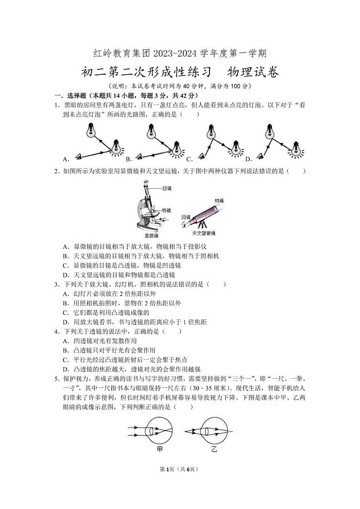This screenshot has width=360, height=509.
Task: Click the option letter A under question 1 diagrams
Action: pyautogui.click(x=66, y=159)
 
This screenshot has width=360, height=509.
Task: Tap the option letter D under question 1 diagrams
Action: pyautogui.click(x=248, y=159)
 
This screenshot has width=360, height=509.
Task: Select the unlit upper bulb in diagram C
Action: pyautogui.click(x=210, y=132)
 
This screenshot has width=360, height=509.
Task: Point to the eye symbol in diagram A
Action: pyautogui.click(x=80, y=156)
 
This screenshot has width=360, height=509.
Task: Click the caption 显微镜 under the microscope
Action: pyautogui.click(x=151, y=236)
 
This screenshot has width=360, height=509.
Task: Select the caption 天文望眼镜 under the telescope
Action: pyautogui.click(x=204, y=233)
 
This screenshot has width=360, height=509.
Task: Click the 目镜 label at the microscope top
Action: pyautogui.click(x=166, y=188)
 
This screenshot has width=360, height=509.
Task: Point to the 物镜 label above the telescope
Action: pyautogui.click(x=219, y=201)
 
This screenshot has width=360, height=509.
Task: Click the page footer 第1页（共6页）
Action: pyautogui.click(x=180, y=470)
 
